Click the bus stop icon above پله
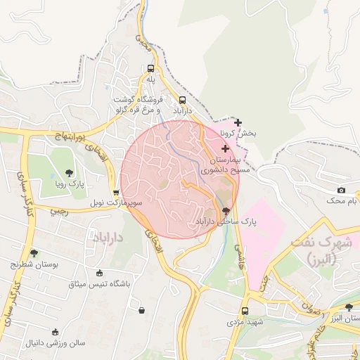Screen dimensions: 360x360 point(150,69)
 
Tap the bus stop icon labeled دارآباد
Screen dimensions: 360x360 point(183,100)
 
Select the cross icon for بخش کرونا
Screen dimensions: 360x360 point(238,122)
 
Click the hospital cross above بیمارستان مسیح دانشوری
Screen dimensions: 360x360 point(225,148)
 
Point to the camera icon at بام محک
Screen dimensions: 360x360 point(342,190)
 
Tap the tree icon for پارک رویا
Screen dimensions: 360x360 point(69,172)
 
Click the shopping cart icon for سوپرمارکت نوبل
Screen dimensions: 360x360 point(116,192)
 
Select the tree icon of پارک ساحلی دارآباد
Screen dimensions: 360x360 point(226,210)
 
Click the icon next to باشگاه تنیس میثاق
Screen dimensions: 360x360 point(99,274)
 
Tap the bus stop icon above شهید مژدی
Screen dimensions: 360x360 point(245,311)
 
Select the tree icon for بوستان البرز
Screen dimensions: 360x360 point(349,307)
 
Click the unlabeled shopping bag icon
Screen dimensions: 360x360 point(142,309)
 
